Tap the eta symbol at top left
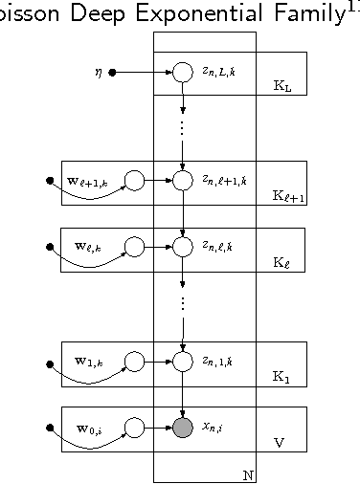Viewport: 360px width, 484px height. tap(98, 72)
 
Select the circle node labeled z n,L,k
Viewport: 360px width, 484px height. tap(183, 72)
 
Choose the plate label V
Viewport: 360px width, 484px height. tap(279, 443)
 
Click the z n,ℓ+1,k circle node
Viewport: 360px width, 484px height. tap(183, 180)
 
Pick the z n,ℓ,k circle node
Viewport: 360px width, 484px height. tap(183, 247)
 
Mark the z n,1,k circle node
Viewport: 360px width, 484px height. tap(183, 362)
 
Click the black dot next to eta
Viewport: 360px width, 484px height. tap(112, 72)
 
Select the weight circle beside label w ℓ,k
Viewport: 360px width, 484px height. tap(135, 247)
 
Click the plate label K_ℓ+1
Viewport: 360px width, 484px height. tap(288, 196)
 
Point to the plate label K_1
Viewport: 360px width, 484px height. tap(281, 377)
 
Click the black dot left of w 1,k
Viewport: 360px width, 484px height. tap(50, 363)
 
